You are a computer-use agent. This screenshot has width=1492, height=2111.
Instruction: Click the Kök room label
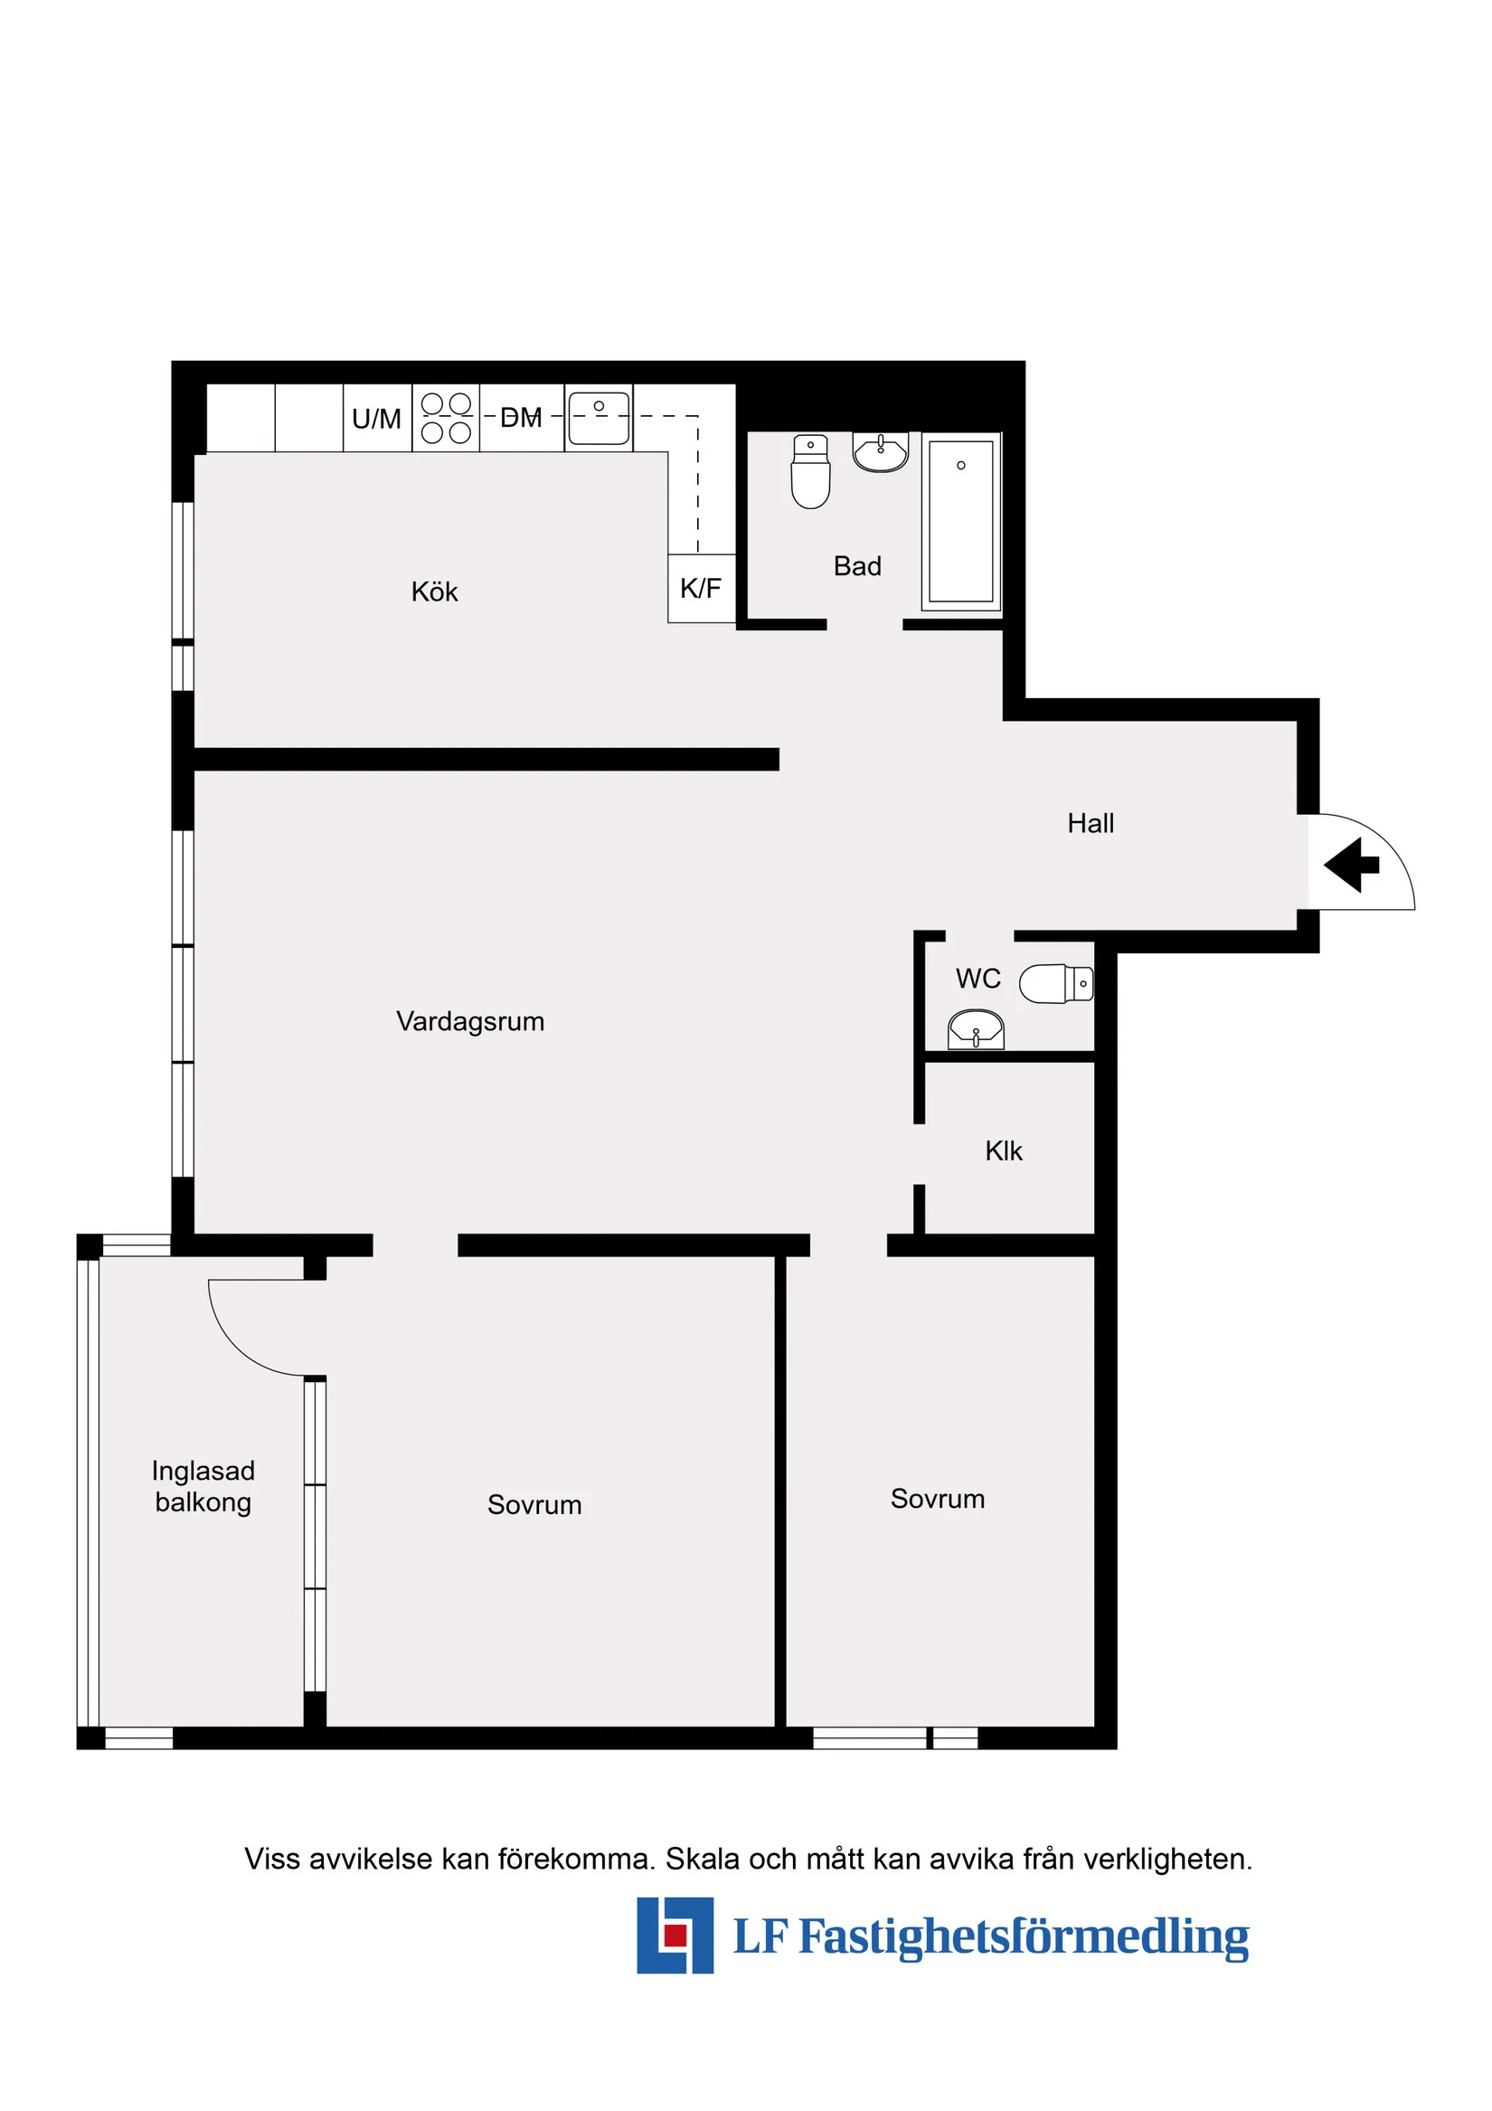click(x=434, y=592)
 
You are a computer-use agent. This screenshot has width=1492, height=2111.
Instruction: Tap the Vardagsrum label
click(x=470, y=1021)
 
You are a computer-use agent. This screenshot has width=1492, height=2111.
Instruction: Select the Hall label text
click(x=1091, y=823)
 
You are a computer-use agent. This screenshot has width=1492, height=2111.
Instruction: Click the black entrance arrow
click(x=1351, y=865)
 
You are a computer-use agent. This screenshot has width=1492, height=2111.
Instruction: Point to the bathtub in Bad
click(x=960, y=521)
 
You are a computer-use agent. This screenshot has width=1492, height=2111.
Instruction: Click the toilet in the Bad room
click(x=810, y=471)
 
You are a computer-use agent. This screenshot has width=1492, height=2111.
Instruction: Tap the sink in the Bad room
click(x=881, y=451)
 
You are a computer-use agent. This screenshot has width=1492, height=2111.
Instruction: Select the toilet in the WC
click(x=1055, y=984)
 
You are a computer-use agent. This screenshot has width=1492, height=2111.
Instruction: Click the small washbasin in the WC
click(x=976, y=1030)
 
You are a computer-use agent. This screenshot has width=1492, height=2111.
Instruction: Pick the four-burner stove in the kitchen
click(x=446, y=419)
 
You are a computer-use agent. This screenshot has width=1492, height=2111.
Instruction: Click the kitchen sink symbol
click(x=599, y=419)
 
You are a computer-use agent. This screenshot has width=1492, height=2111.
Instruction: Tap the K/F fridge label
click(x=701, y=589)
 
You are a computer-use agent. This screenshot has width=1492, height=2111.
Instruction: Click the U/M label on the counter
click(x=377, y=420)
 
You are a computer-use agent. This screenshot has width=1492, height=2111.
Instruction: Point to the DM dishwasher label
click(x=520, y=418)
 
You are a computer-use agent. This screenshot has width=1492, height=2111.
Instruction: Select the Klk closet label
click(x=1003, y=1151)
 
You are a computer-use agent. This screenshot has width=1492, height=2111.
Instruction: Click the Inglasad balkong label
click(x=203, y=1487)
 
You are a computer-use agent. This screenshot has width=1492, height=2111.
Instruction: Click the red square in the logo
click(x=675, y=1936)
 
